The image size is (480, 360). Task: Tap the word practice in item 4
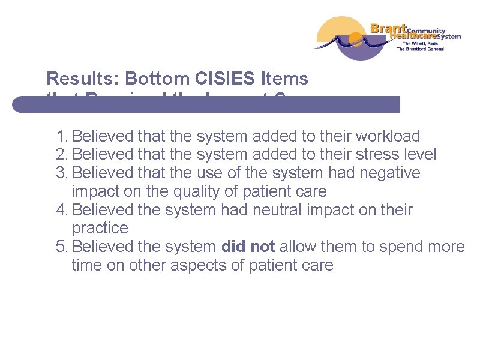click(x=100, y=228)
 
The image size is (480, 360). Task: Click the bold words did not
click(x=248, y=247)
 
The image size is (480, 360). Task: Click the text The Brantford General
click(x=420, y=49)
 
